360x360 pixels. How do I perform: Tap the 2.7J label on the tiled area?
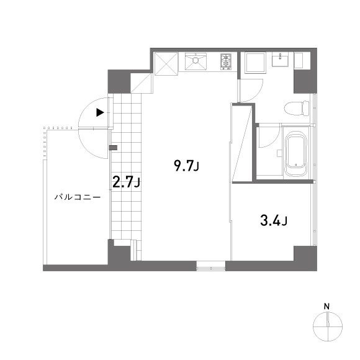126,182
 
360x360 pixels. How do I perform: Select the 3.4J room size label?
273,220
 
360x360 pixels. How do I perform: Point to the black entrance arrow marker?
100,113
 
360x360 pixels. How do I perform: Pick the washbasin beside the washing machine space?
281,60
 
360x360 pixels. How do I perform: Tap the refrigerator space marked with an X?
166,62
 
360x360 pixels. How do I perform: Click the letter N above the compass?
326,306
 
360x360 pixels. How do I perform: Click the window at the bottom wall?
211,268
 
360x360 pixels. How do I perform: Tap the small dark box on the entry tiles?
112,148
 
